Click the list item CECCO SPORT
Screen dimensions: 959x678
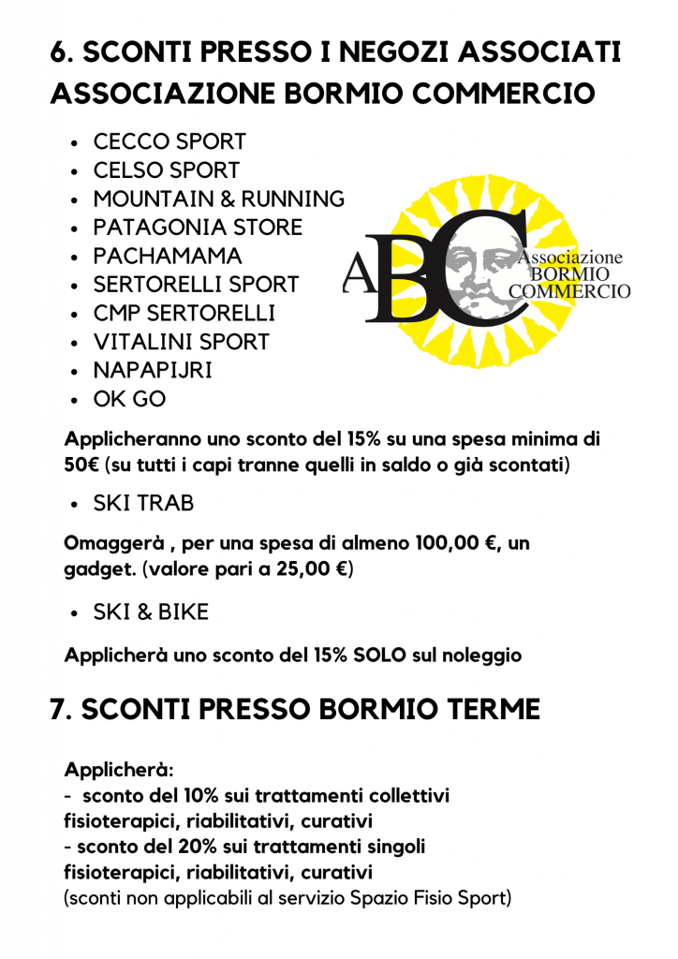(169, 142)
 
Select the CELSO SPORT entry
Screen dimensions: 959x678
(166, 170)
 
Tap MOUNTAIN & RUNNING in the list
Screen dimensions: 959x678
(218, 199)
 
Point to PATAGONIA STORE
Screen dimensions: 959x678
(198, 228)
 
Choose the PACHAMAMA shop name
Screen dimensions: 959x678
(168, 257)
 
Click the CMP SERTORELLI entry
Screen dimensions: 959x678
(184, 314)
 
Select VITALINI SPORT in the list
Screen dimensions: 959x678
(181, 343)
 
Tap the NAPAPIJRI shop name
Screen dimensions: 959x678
(153, 371)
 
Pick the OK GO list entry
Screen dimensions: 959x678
(129, 400)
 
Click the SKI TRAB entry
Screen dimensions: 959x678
(143, 504)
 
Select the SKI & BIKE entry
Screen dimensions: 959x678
(151, 612)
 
